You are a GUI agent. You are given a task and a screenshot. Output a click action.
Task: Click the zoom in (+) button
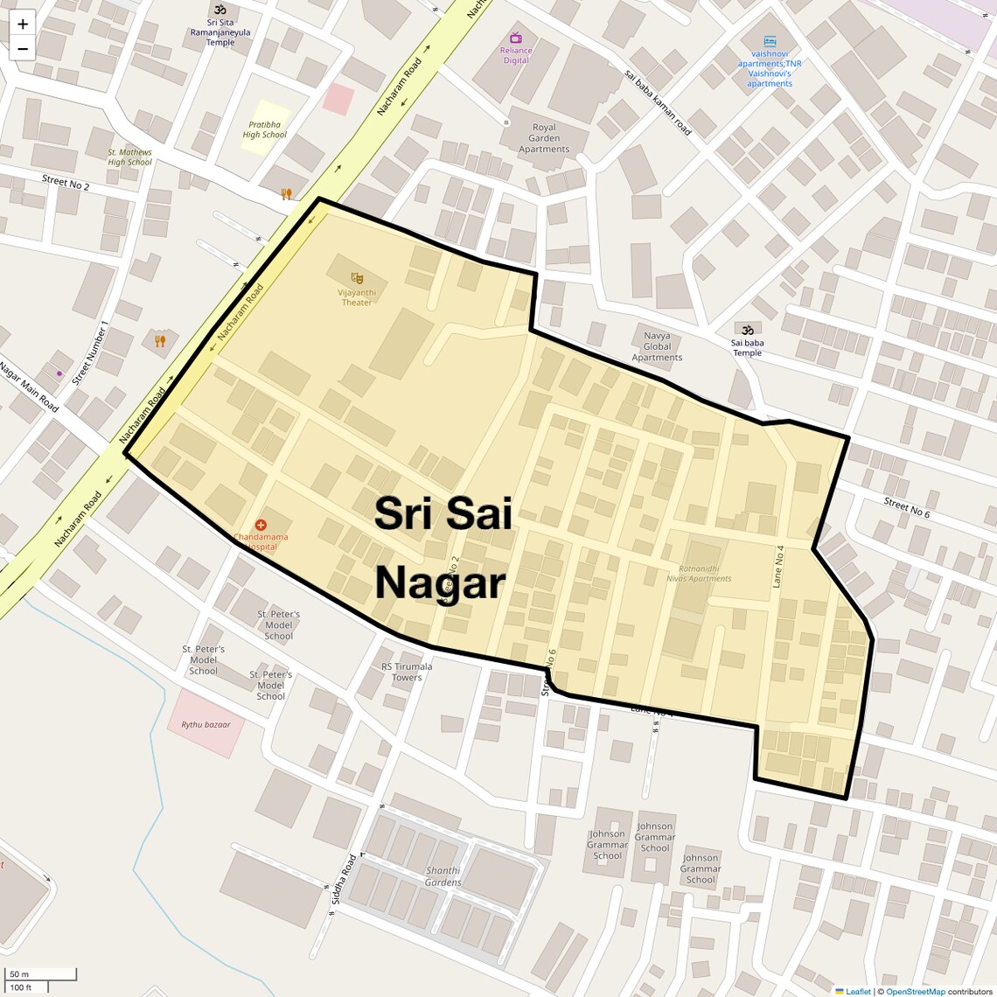point(23,24)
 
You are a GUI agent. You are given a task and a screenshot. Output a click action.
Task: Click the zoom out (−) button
point(23,49)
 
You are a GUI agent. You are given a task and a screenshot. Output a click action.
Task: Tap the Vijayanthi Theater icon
point(357,278)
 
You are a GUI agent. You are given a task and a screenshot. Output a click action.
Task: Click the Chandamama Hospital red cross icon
point(261,525)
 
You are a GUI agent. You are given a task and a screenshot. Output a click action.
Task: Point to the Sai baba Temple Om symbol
point(747,330)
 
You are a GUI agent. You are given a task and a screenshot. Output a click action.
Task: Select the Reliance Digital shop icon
point(516,38)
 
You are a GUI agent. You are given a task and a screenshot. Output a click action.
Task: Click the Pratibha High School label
point(264,130)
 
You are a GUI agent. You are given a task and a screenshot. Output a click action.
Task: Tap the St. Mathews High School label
point(129,157)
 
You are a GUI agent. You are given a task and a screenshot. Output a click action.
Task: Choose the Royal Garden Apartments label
point(544,138)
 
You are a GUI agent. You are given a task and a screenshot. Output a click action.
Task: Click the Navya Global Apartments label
point(657,346)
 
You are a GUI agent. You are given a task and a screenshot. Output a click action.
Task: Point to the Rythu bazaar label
point(206,725)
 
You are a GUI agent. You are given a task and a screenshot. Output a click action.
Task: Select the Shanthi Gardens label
point(443,876)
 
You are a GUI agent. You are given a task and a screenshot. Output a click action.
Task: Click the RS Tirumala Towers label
point(407,672)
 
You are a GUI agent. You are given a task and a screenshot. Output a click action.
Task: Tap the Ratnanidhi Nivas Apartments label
point(699,574)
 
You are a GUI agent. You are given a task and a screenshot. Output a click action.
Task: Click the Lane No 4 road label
point(778,566)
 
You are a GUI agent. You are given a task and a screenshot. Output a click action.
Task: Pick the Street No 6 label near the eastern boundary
point(906,507)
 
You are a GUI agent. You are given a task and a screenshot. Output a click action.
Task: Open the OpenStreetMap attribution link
point(915,992)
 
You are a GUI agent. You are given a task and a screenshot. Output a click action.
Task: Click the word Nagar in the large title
point(440,582)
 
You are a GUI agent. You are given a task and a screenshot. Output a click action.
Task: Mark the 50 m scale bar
point(41,973)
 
